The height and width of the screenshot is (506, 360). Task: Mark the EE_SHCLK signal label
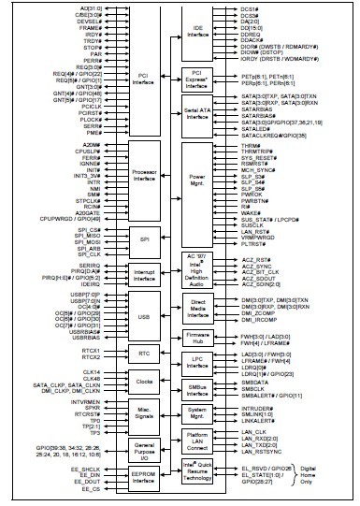pyautogui.click(x=89, y=468)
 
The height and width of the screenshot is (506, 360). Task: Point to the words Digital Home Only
pyautogui.click(x=328, y=474)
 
